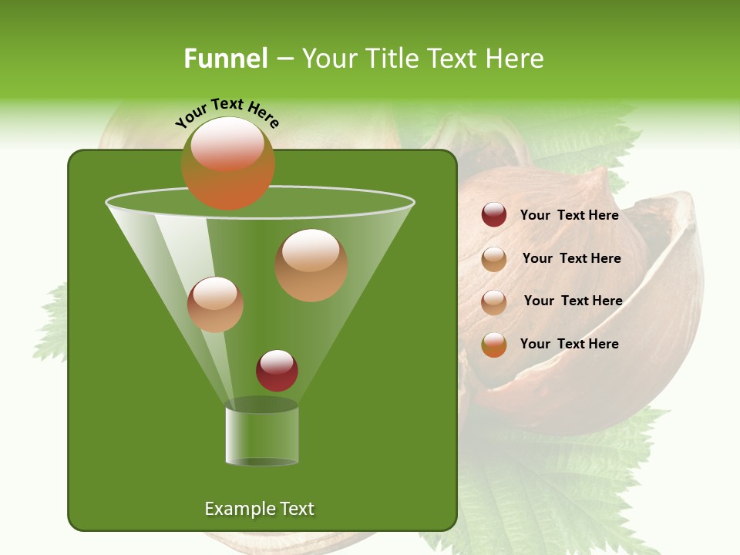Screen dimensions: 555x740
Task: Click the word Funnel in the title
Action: tap(225, 59)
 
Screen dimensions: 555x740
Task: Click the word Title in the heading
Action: tap(393, 59)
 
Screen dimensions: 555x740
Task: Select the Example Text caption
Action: tap(259, 509)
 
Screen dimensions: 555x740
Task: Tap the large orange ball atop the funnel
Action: tap(228, 163)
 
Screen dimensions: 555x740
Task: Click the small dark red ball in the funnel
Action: tap(277, 371)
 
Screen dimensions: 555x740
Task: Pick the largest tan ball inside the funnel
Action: tap(311, 265)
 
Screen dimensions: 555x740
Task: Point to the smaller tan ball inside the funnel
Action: tap(215, 304)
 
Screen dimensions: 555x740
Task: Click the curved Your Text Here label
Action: tap(227, 113)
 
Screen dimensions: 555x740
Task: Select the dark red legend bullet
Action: tap(494, 215)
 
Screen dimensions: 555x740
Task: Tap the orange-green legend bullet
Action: tap(494, 345)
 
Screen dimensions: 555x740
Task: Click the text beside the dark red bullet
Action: tap(569, 215)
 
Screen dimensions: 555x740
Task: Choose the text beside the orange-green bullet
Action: tap(569, 344)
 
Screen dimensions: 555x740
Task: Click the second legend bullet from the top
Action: tap(494, 259)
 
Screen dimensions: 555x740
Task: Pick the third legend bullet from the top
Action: tap(494, 302)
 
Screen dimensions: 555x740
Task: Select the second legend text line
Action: tap(571, 258)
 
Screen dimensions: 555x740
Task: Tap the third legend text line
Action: tap(573, 301)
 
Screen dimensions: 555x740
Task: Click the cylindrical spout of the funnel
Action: tap(261, 436)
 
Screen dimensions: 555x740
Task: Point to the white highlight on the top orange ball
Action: tap(227, 143)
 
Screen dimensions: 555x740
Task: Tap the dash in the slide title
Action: tap(284, 59)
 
